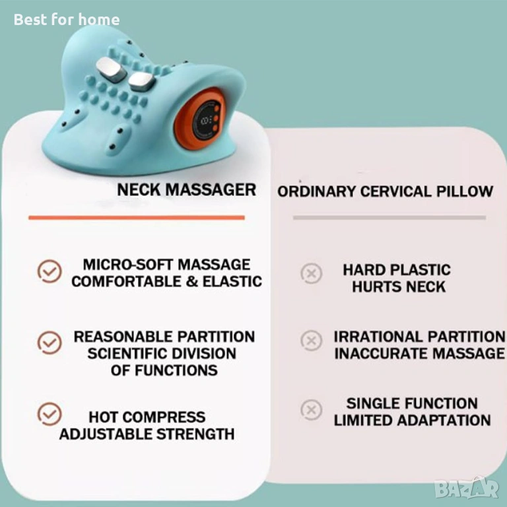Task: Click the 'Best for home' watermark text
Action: pos(67,19)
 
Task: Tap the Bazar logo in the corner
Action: pos(467,488)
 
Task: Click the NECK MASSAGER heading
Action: pos(187,189)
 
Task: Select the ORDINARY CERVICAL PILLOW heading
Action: pos(385,191)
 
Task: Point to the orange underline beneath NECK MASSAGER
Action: pos(137,218)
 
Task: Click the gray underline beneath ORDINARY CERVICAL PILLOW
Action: pos(389,218)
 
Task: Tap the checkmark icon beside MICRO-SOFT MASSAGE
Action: pos(50,271)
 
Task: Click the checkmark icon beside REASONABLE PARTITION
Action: pos(50,343)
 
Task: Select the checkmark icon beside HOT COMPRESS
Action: pos(50,414)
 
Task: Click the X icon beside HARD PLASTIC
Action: pos(312,274)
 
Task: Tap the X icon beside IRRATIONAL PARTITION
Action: pos(312,341)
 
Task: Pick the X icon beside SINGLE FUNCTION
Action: pos(312,410)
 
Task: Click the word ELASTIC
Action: pos(232,281)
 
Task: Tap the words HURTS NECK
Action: pos(399,287)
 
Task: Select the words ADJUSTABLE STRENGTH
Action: pos(147,434)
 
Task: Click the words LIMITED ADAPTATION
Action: pos(412,421)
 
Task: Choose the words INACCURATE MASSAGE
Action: pos(419,353)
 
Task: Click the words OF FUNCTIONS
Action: pos(164,370)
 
